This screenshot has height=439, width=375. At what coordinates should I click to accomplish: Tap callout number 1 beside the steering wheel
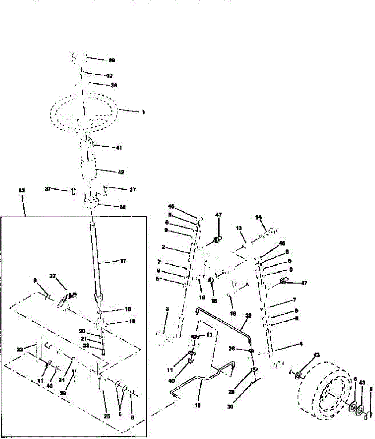143,113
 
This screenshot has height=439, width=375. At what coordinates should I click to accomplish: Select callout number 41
119,148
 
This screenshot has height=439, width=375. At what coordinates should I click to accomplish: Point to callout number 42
121,172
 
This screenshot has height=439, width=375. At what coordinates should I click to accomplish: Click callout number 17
123,261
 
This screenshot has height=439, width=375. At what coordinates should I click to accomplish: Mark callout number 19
132,322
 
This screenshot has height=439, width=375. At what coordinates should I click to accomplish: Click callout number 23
20,349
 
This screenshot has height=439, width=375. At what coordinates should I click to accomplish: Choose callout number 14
259,217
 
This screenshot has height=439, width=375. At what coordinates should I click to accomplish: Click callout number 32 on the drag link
248,315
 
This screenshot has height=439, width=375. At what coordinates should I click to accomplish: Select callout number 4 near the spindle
301,344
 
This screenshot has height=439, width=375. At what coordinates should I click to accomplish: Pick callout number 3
167,309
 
